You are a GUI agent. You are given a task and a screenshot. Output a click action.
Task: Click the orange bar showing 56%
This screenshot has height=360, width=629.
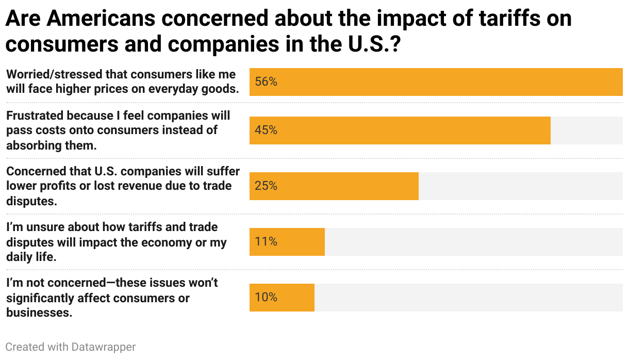click(x=436, y=82)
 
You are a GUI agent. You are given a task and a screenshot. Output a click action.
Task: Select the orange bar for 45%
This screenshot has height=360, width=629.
click(x=400, y=130)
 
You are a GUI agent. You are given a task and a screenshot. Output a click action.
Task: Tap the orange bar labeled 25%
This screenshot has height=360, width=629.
click(x=334, y=186)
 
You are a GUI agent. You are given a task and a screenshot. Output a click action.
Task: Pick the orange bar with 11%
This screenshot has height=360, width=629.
click(x=287, y=242)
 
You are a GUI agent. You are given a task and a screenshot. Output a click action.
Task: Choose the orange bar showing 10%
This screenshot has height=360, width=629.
click(x=282, y=298)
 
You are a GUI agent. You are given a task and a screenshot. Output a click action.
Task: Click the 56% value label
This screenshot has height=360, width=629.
click(x=266, y=82)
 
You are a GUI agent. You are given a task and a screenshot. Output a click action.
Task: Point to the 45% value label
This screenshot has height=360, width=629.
click(x=266, y=130)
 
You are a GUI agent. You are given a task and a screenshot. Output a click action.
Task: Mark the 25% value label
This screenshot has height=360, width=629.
click(x=266, y=186)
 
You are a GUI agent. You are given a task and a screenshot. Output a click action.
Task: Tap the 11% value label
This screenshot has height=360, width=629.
click(x=266, y=242)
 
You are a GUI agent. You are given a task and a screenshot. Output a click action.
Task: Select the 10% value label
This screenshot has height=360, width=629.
click(x=266, y=298)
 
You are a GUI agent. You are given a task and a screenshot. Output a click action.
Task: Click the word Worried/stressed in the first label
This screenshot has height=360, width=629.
click(x=56, y=74)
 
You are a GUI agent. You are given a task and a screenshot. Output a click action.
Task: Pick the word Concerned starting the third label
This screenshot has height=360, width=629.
click(x=36, y=171)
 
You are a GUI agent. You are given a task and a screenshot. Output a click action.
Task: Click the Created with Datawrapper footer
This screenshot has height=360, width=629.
click(x=71, y=347)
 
